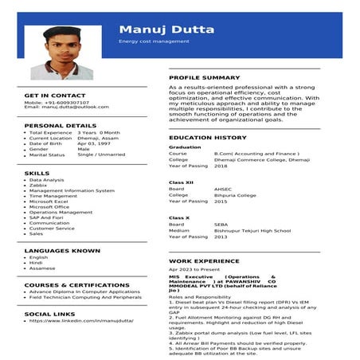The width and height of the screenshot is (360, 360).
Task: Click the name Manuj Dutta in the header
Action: point(166,29)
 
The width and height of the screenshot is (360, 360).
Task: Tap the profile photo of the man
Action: point(66,52)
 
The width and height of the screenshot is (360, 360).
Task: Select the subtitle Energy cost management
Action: point(154,41)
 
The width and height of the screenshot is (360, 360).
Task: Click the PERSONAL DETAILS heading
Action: point(61,125)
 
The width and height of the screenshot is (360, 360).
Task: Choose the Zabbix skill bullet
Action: point(43,186)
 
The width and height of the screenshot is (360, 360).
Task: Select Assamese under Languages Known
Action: point(42,268)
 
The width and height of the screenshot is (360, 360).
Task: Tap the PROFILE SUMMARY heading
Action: point(204,77)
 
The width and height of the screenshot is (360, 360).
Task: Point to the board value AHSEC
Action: point(223,189)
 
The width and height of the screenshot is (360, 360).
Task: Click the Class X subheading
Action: point(179,217)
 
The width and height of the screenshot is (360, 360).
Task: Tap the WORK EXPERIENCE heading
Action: point(204,260)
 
